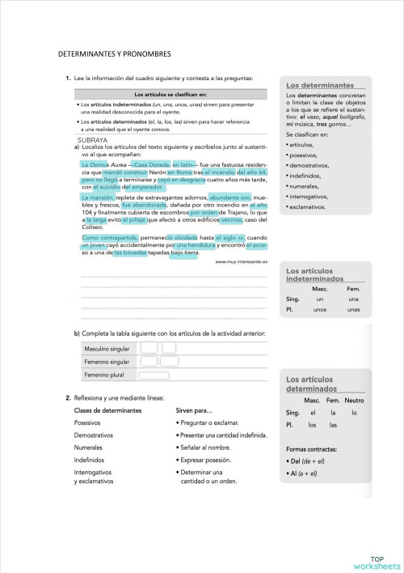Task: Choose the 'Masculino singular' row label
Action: pyautogui.click(x=107, y=349)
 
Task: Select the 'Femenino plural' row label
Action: pyautogui.click(x=104, y=376)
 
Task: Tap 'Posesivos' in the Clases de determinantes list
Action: pyautogui.click(x=87, y=422)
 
